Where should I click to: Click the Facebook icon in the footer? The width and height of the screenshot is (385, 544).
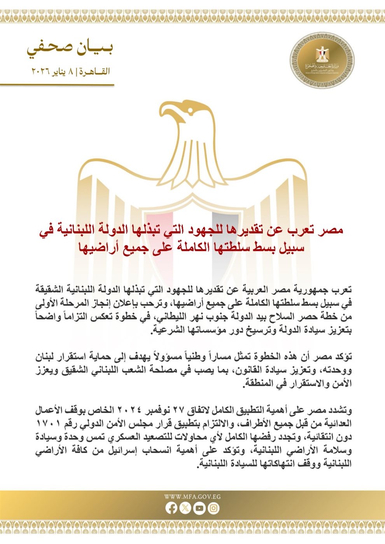[171, 508]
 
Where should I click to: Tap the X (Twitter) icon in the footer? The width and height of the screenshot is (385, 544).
[185, 508]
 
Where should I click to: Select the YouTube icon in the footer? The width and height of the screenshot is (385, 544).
[199, 508]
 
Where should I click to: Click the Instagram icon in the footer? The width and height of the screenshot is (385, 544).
[213, 508]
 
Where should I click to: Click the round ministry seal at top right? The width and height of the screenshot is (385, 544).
[322, 60]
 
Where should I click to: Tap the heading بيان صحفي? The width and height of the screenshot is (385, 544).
[70, 49]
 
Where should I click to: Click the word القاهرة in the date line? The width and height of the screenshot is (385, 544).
[95, 71]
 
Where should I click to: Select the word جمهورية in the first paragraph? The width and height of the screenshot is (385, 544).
[309, 290]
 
